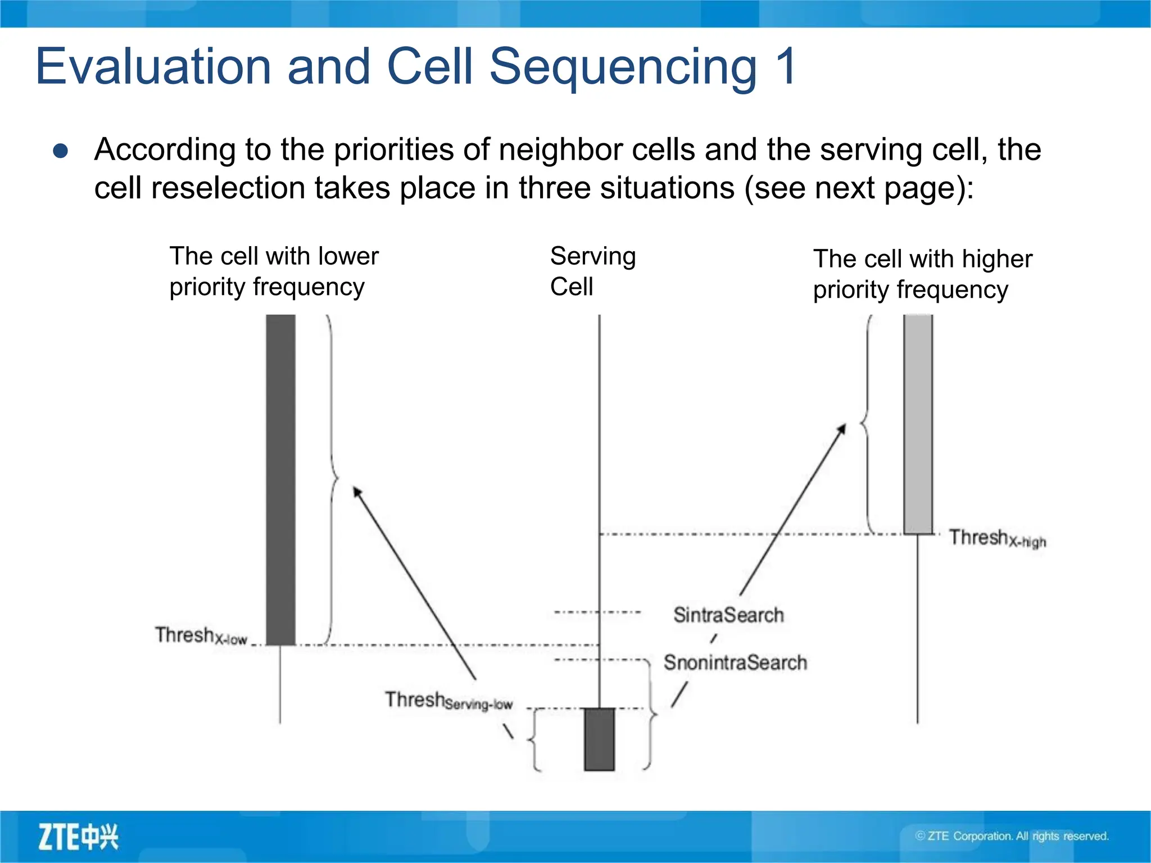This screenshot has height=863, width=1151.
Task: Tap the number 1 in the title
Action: (x=785, y=66)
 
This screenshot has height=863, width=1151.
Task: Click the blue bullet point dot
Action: (x=61, y=151)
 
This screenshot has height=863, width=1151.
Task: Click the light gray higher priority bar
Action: (x=918, y=424)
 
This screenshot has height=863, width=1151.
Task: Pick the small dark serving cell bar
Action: (x=599, y=739)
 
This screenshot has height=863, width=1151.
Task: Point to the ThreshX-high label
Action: (x=997, y=538)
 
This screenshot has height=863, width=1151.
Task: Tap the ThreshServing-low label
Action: (x=448, y=701)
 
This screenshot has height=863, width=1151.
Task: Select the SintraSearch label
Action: (x=728, y=615)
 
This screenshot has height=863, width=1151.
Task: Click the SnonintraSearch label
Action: (x=735, y=662)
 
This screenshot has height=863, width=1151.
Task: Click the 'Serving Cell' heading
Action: (x=592, y=271)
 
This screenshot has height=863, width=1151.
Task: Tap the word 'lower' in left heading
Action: (x=348, y=256)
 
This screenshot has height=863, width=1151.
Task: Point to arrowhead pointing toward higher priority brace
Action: (x=842, y=429)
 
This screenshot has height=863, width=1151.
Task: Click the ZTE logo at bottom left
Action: (x=78, y=837)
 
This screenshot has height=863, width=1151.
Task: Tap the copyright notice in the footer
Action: (x=1012, y=836)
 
